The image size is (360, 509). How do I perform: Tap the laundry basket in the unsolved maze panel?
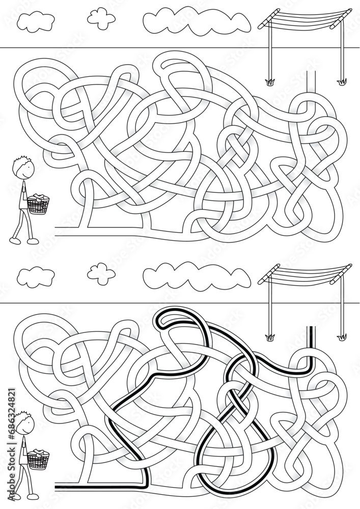39,204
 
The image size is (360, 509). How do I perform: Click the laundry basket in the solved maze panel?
39,459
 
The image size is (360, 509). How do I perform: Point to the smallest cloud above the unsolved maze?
101,16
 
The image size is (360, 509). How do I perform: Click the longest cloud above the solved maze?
196,275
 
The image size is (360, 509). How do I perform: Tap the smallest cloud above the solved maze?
101,272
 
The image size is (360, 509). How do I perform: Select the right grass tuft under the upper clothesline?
341,80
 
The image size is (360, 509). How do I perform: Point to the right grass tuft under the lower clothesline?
341,336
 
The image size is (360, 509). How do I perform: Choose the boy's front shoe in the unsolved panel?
33,241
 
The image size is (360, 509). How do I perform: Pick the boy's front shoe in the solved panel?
33,496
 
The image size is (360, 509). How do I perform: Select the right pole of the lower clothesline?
341,305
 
